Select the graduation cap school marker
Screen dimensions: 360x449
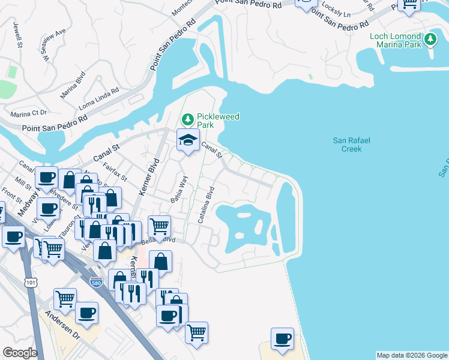[x=188, y=140]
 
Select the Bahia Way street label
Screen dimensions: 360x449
[x=178, y=189]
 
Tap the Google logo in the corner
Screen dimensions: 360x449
[x=19, y=353]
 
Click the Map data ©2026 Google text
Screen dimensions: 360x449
[x=412, y=355]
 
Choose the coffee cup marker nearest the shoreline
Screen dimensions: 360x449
[x=282, y=339]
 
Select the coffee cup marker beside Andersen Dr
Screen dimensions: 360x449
[x=86, y=313]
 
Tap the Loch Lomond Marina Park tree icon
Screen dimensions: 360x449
[x=429, y=40]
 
